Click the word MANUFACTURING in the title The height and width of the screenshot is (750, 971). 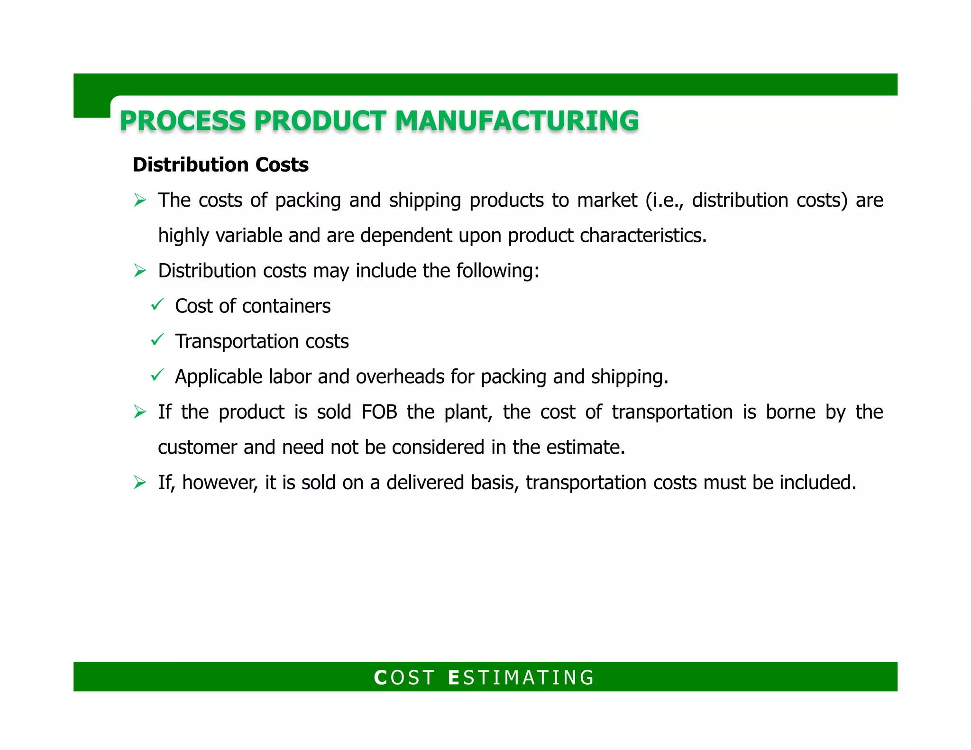click(517, 121)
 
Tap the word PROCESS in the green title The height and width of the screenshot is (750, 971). click(183, 121)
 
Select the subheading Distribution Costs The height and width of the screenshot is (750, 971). click(220, 165)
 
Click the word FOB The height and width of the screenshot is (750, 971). click(379, 412)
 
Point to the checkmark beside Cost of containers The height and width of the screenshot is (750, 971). click(157, 304)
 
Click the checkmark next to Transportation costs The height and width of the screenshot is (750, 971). click(157, 340)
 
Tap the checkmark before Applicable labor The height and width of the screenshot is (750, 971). click(157, 375)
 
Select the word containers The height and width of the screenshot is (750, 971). click(286, 306)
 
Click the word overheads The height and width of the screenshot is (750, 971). click(400, 377)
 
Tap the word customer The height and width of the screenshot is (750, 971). click(197, 448)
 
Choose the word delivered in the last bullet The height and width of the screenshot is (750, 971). click(425, 483)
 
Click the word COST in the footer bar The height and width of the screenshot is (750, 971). click(404, 677)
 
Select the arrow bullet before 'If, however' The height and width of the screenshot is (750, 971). click(140, 483)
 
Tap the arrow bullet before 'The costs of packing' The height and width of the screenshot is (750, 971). click(140, 201)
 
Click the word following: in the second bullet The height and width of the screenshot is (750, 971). click(498, 271)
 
